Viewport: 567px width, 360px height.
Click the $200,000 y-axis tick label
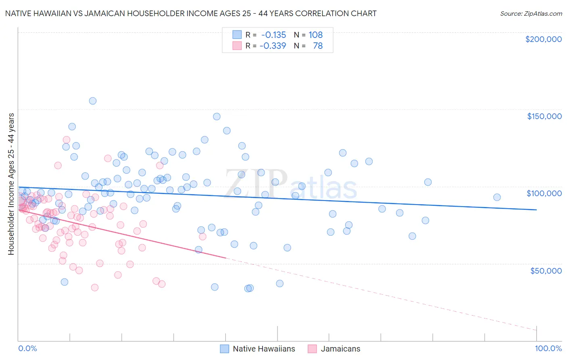543,39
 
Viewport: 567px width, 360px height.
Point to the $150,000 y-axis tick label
544,116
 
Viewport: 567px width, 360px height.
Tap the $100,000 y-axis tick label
544,193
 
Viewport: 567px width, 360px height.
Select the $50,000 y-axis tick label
546,270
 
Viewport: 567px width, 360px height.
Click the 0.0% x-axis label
27,349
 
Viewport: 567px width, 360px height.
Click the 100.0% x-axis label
548,349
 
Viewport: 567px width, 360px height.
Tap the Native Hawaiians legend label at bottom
264,349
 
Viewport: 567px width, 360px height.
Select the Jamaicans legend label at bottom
340,349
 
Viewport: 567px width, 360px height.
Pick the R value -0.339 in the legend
273,46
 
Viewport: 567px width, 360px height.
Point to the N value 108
316,35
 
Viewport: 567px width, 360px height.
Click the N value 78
318,46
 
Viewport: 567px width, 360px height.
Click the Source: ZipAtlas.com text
531,14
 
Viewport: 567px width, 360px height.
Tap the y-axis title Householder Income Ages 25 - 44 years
11,184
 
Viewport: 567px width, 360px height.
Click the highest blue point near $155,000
93,101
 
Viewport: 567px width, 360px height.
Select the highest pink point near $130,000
67,140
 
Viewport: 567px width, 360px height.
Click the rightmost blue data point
497,197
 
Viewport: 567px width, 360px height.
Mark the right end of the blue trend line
536,210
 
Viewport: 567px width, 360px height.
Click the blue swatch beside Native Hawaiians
225,349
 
